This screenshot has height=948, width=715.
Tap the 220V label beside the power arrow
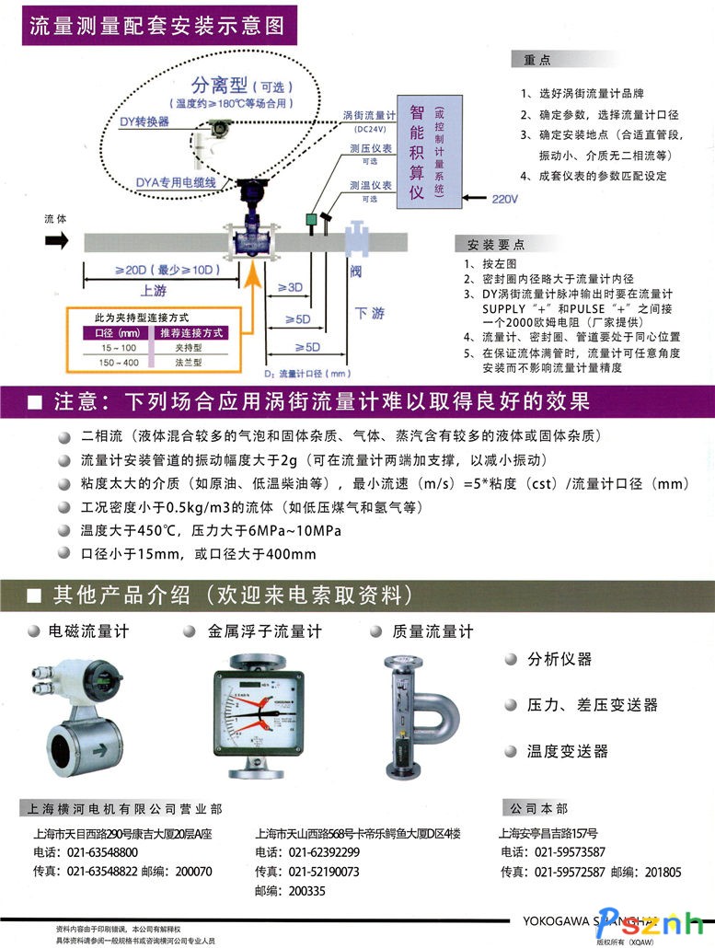505,198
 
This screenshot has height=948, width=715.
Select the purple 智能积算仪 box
426,147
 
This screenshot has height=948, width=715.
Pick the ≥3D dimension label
290,287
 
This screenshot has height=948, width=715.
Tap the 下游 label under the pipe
370,314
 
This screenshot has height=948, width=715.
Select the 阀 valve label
355,272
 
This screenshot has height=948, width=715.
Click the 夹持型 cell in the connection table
190,348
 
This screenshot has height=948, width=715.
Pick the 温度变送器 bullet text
567,751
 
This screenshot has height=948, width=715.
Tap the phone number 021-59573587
570,851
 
